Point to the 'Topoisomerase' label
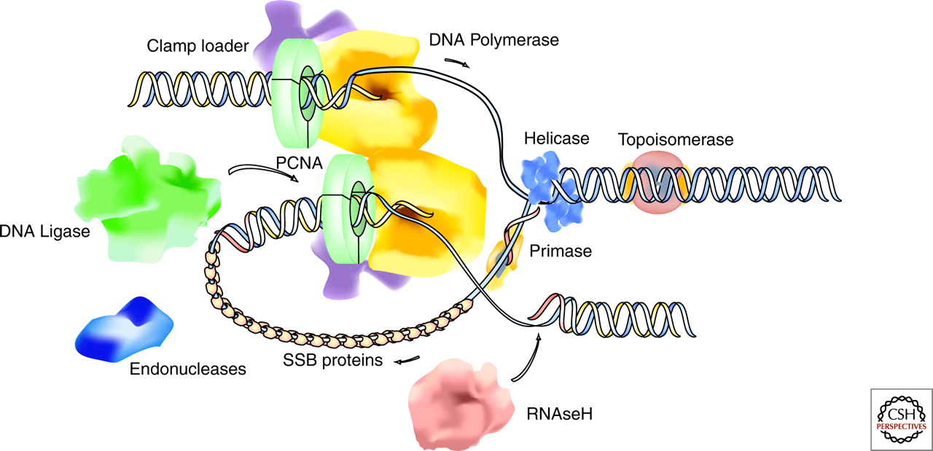coord(675,138)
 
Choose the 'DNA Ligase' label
coord(44,232)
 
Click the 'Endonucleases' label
coord(188,369)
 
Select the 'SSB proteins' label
coord(335,361)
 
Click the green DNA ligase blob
coord(146,197)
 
